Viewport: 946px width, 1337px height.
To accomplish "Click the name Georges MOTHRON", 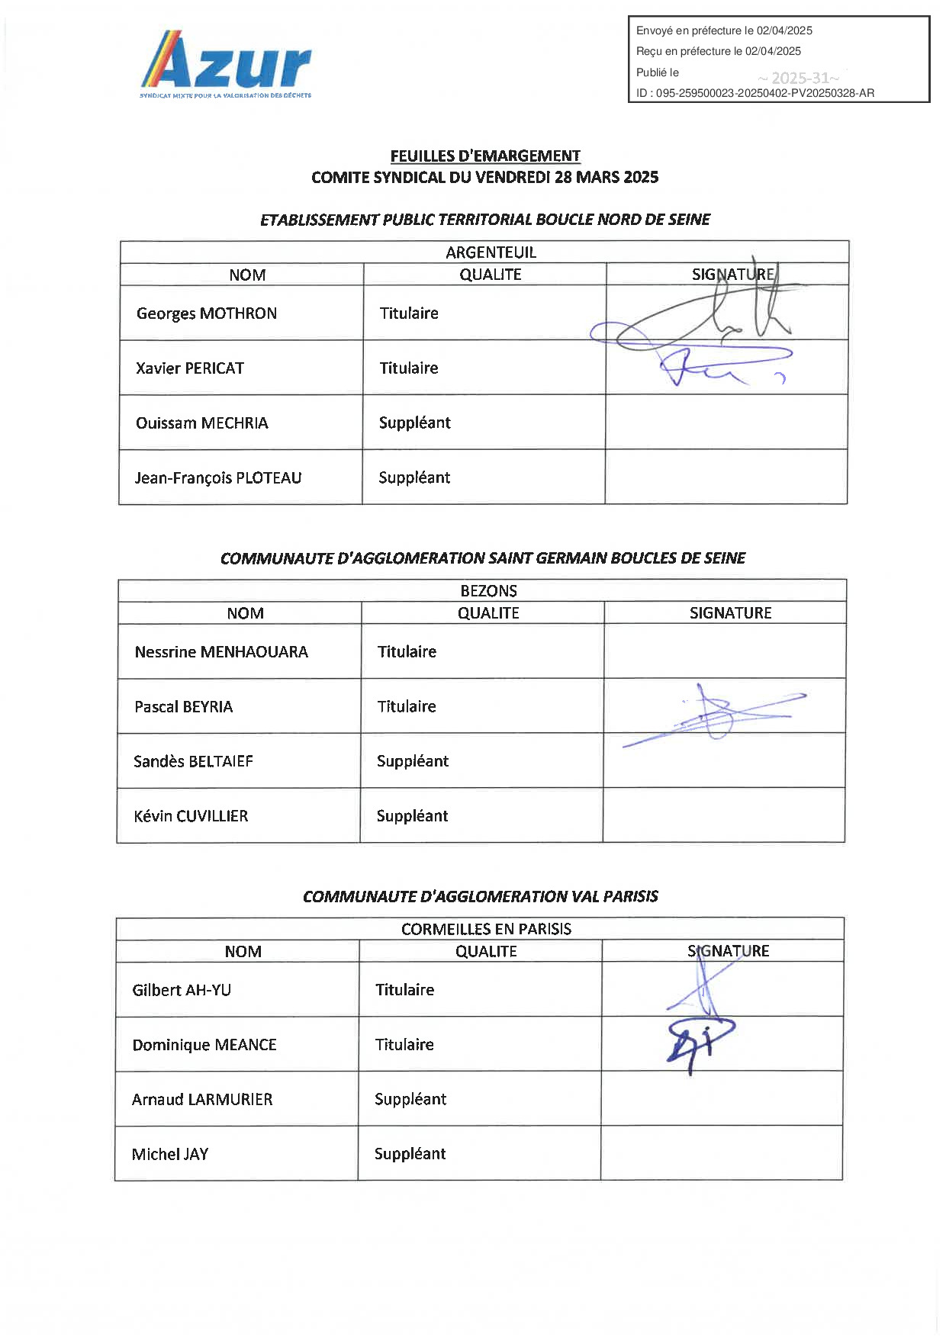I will click(206, 313).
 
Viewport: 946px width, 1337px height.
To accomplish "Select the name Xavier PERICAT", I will click(190, 368).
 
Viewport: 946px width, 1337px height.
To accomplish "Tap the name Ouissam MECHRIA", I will click(202, 423).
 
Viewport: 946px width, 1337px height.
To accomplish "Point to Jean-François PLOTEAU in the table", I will click(218, 478).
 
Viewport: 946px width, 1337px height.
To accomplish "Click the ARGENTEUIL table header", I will click(491, 252).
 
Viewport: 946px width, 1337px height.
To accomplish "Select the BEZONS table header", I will click(488, 591).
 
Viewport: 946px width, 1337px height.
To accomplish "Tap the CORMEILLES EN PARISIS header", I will click(486, 929).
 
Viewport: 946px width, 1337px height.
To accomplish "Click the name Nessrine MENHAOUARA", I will click(221, 652).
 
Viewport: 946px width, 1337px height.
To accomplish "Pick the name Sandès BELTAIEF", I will click(193, 761).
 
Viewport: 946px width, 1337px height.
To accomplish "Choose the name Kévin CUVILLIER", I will click(191, 816).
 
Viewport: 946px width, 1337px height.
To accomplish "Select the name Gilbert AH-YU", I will click(182, 990).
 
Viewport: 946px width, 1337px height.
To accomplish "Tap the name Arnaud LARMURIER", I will click(202, 1099).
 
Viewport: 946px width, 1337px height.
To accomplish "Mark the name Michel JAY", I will click(170, 1154).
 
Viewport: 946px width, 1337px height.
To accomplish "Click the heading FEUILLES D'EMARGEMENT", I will click(485, 156).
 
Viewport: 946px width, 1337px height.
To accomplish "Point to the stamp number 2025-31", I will click(799, 78).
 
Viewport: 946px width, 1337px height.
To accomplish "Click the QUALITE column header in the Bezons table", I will click(488, 613).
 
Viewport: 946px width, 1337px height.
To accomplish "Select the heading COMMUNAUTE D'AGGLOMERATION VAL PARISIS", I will click(480, 896).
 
